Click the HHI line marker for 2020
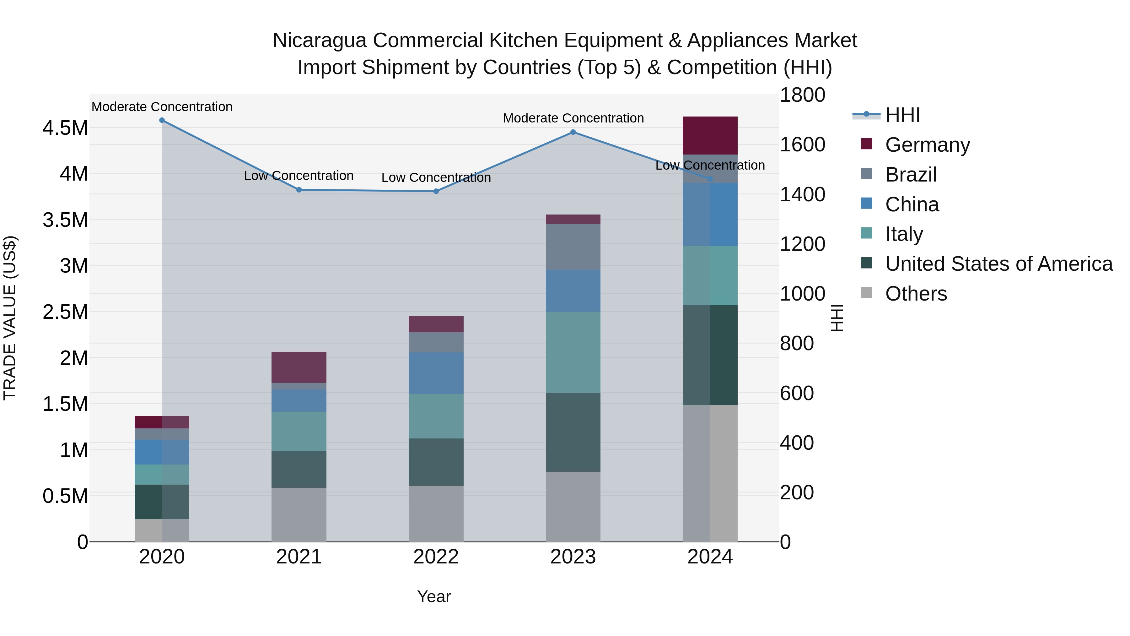162,120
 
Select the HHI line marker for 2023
573,132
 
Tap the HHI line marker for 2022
436,191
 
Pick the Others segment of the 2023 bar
573,507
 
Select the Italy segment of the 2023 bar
573,352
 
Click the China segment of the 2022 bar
436,373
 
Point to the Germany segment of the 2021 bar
299,367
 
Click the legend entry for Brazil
911,175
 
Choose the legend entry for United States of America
998,264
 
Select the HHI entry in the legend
902,115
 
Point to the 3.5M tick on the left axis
65,220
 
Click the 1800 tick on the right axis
802,95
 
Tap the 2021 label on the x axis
299,557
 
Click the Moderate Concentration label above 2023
573,118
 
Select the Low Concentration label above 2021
299,176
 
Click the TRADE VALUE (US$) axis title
10,318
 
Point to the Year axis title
434,596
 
